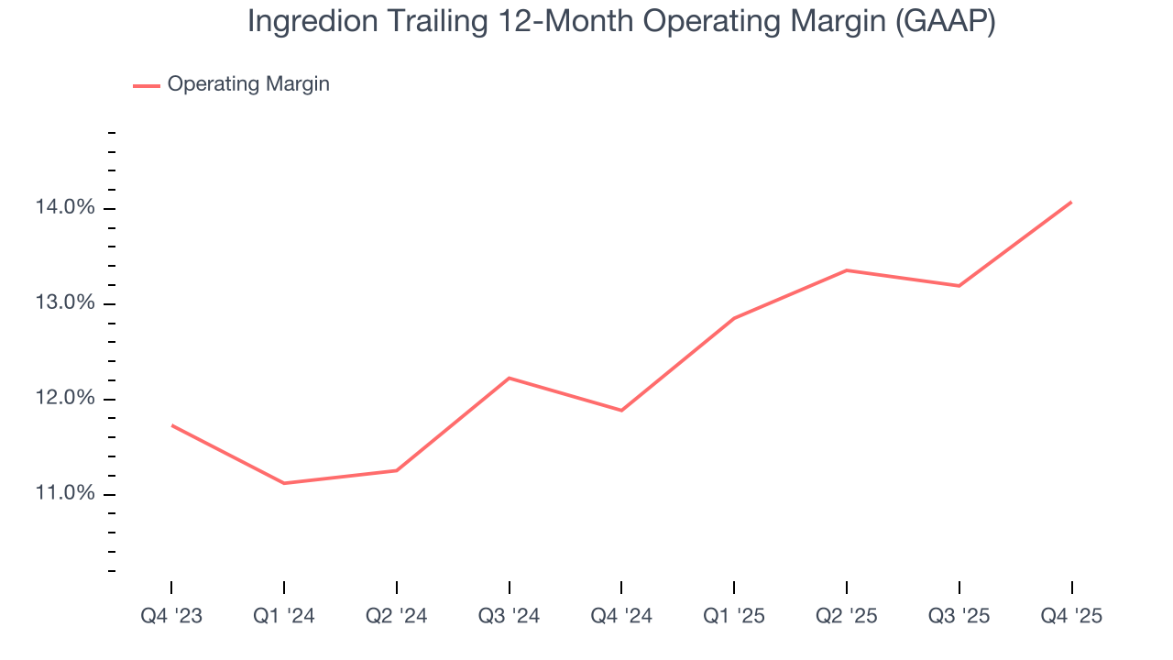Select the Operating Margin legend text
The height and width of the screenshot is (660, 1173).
click(x=248, y=84)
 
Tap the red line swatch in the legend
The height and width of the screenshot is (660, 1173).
click(x=147, y=85)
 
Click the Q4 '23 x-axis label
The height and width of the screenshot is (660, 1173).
click(x=171, y=616)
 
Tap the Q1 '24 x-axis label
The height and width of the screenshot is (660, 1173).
click(x=284, y=616)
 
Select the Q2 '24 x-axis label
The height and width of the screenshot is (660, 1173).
click(x=396, y=616)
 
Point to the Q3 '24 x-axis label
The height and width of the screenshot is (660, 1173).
click(x=509, y=616)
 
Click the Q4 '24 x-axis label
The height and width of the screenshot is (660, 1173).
click(x=621, y=616)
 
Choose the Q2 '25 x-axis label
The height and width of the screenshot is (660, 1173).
click(x=846, y=616)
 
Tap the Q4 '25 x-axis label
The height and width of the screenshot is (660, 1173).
click(x=1071, y=616)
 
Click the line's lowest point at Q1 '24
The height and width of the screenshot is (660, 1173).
click(x=284, y=483)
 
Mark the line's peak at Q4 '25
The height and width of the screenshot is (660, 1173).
click(x=1071, y=202)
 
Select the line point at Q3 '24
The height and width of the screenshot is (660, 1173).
click(x=509, y=378)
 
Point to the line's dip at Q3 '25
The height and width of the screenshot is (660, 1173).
click(x=959, y=286)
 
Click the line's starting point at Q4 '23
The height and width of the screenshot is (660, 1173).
click(x=171, y=425)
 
